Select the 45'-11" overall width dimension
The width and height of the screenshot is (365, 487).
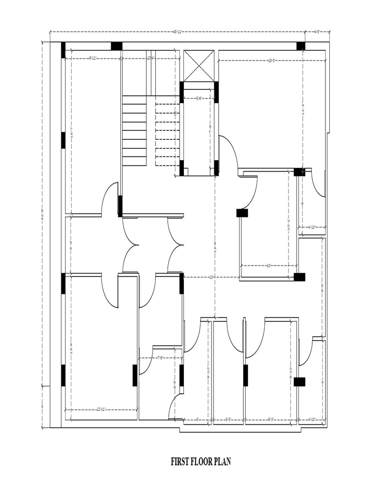pos(177,32)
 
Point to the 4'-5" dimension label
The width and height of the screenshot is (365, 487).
pos(317,32)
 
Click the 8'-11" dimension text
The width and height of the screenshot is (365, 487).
pos(94,58)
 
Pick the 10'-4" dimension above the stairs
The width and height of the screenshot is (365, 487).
pos(151,58)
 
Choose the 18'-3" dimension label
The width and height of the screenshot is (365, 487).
pos(272,60)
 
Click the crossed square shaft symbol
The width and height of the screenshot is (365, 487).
pos(199,66)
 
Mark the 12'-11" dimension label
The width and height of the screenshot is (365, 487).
pos(101,409)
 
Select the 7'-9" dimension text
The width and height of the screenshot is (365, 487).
pos(161,358)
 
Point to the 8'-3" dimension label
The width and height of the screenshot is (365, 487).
pos(271,419)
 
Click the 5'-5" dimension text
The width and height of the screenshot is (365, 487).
pos(229,419)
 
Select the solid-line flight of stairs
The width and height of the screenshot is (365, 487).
pos(134,130)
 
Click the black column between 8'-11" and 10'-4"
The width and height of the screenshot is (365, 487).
pos(116,46)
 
